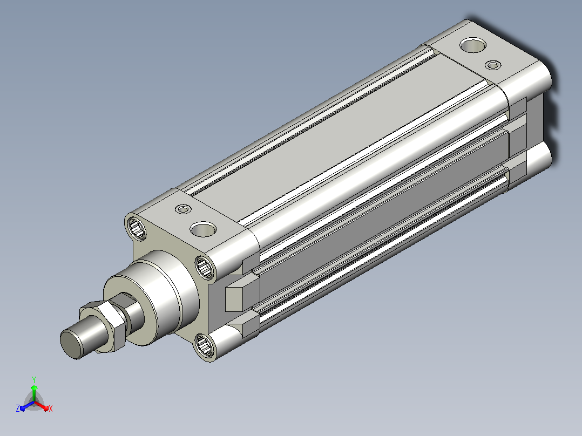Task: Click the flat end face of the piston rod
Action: pyautogui.click(x=71, y=344)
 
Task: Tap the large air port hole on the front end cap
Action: pyautogui.click(x=203, y=229)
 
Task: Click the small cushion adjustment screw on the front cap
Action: pyautogui.click(x=183, y=209)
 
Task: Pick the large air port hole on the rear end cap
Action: pyautogui.click(x=473, y=45)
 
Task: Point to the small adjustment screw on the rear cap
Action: pyautogui.click(x=493, y=65)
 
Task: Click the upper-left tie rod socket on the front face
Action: pyautogui.click(x=137, y=229)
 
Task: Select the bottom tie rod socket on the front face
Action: pyautogui.click(x=204, y=345)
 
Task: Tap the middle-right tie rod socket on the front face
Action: pyautogui.click(x=205, y=267)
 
